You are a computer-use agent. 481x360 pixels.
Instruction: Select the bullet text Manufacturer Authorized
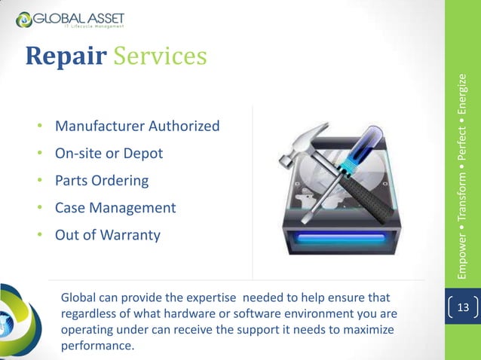tap(137, 125)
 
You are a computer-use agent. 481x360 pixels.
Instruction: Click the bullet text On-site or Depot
tap(109, 153)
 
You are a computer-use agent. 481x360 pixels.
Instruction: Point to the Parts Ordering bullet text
tap(102, 181)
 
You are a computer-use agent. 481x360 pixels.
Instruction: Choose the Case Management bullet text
tap(115, 208)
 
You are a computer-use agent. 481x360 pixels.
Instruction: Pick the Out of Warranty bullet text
tap(108, 236)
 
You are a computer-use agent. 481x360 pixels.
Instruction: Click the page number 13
tap(463, 307)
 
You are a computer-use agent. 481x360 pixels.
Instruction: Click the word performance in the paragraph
tap(97, 346)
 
